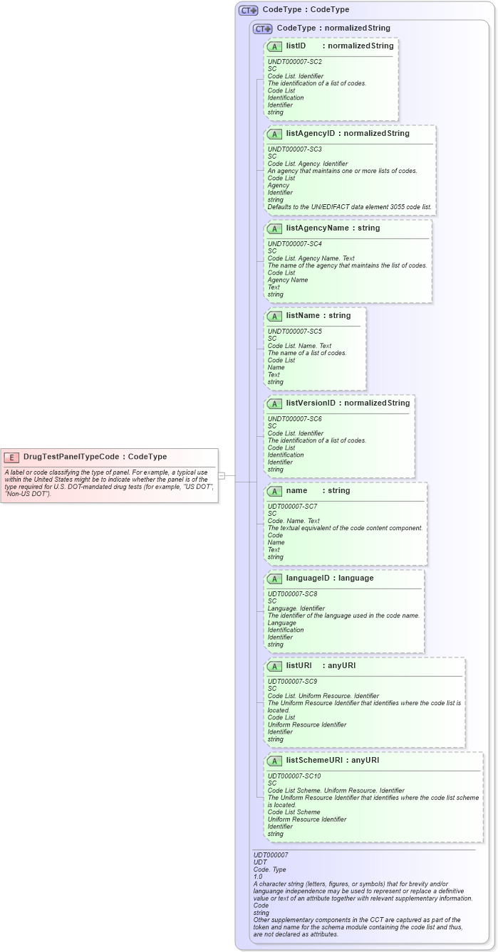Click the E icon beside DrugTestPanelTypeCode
11,457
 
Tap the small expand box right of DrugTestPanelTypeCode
222,475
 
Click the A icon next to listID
275,46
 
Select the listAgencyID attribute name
311,134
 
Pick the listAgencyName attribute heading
317,228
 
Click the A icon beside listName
275,316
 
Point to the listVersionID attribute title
311,403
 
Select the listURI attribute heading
299,666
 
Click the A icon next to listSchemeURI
275,761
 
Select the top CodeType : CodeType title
306,10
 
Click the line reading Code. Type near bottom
269,869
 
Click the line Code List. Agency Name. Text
311,258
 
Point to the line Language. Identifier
296,608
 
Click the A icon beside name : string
275,491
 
